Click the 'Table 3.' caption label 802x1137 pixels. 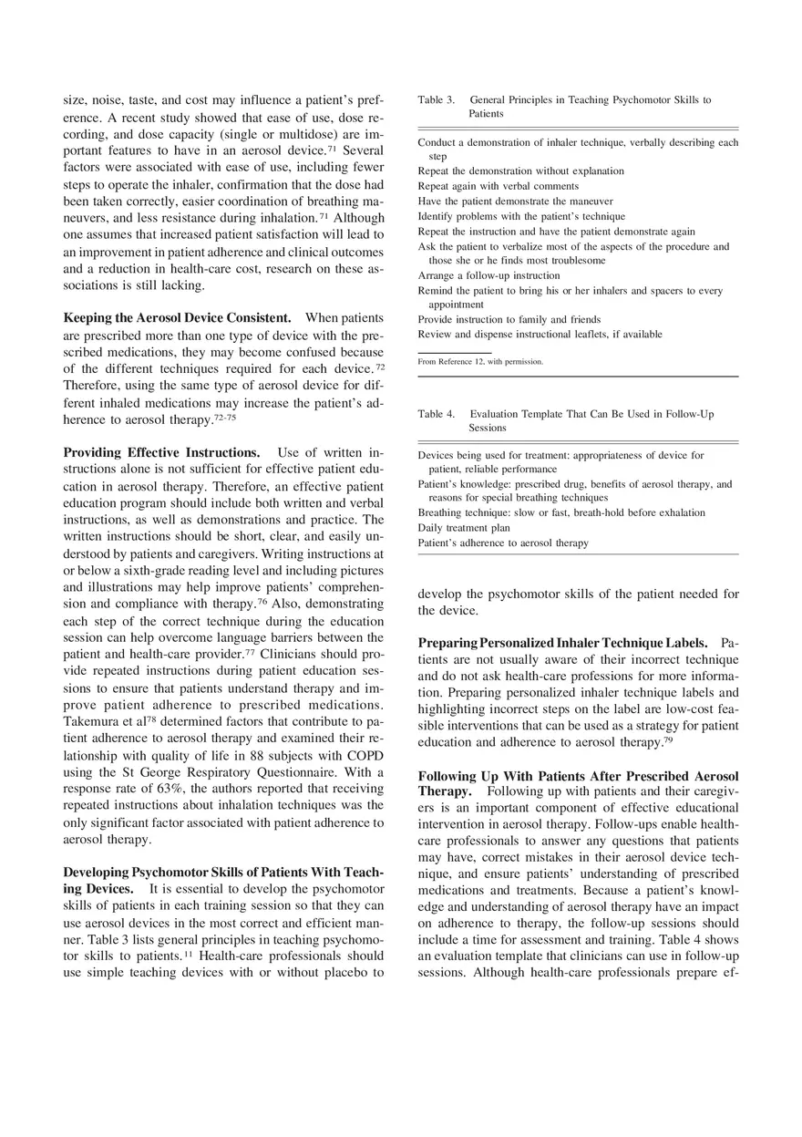[436, 99]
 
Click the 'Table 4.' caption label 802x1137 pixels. [436, 414]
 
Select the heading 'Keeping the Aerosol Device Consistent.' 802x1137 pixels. [177, 318]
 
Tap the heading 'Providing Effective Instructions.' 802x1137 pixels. [161, 453]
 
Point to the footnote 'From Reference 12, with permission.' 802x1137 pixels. [480, 362]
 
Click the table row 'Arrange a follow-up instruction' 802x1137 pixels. [488, 275]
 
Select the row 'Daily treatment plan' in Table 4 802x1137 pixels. [464, 528]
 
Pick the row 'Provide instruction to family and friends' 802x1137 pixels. [509, 320]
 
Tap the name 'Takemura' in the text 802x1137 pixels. [92, 721]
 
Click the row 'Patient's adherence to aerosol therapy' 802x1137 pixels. [502, 543]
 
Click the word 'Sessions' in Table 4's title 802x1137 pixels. [488, 428]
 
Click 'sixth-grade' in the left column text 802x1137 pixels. [153, 570]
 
